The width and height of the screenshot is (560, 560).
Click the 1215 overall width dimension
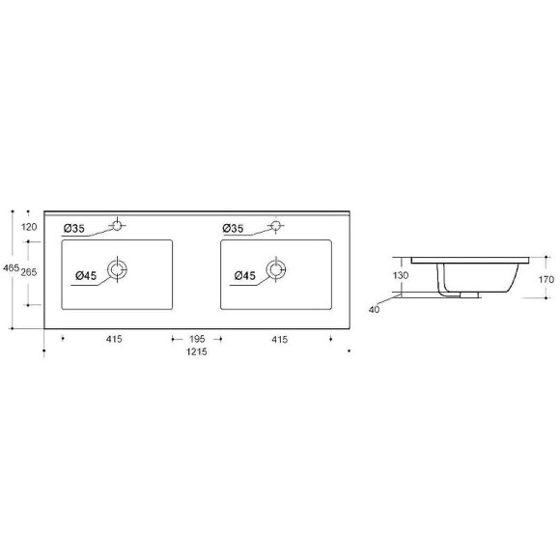pyautogui.click(x=197, y=351)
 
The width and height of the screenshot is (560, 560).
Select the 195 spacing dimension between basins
pyautogui.click(x=197, y=339)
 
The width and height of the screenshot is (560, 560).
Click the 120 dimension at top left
pyautogui.click(x=29, y=226)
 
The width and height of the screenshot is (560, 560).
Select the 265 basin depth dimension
pyautogui.click(x=29, y=273)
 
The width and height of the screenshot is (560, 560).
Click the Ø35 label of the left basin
pyautogui.click(x=74, y=228)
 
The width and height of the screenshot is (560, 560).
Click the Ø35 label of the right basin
pyautogui.click(x=233, y=228)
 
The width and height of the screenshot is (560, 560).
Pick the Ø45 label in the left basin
pyautogui.click(x=85, y=277)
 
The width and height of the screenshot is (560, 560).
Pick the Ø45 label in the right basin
pyautogui.click(x=244, y=277)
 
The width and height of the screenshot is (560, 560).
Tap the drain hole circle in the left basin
pyautogui.click(x=118, y=269)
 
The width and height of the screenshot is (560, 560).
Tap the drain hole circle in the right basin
pyautogui.click(x=276, y=269)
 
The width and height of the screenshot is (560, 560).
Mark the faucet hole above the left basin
pyautogui.click(x=117, y=226)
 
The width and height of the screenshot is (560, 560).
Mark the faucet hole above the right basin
pyautogui.click(x=276, y=226)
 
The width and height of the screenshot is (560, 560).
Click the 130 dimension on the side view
pyautogui.click(x=401, y=275)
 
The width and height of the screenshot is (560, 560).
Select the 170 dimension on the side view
pyautogui.click(x=546, y=279)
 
